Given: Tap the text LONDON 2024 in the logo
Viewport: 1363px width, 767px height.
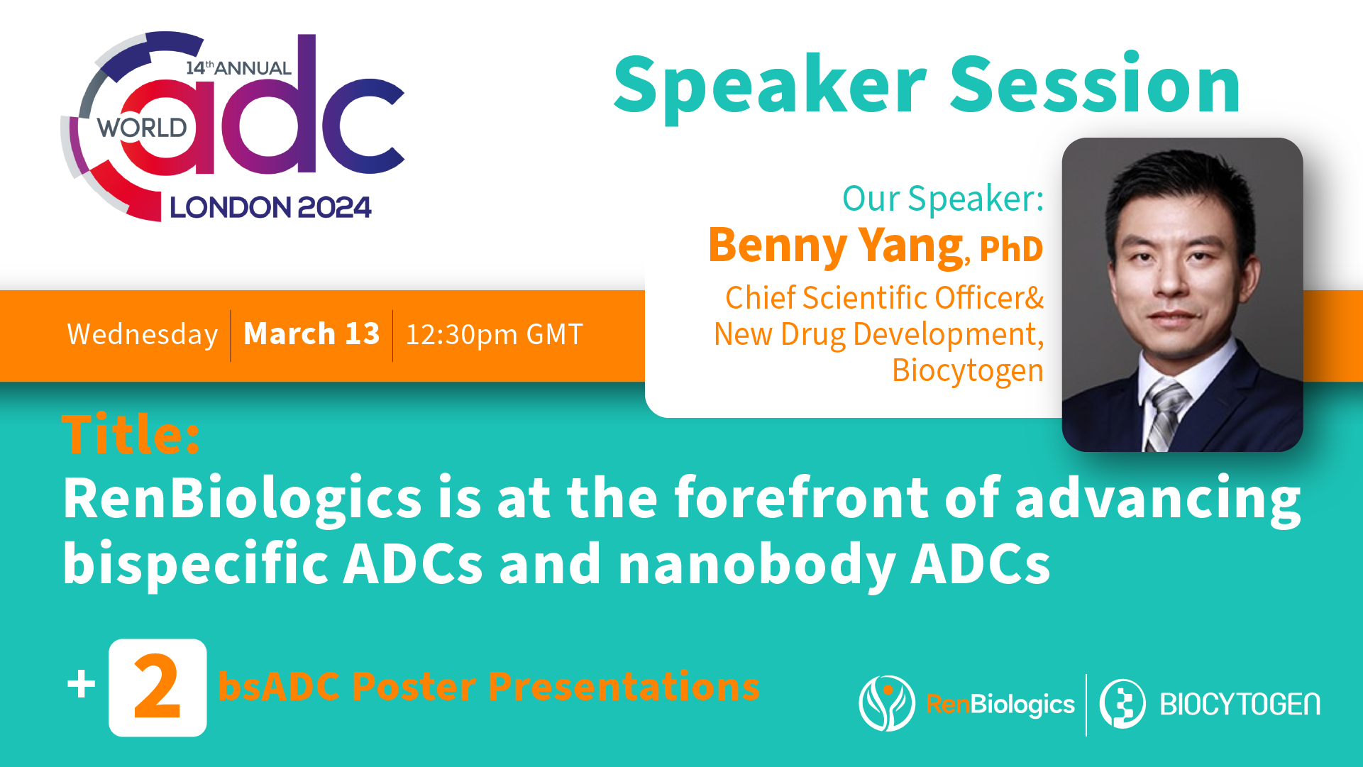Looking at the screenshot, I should pyautogui.click(x=270, y=208).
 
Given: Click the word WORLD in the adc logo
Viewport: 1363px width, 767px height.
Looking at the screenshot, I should pyautogui.click(x=142, y=128).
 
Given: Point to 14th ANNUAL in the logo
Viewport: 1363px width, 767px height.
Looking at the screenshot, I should pyautogui.click(x=238, y=68).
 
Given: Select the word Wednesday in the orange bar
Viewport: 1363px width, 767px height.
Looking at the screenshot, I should pyautogui.click(x=142, y=334).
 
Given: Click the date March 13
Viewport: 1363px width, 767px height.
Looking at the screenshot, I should pyautogui.click(x=311, y=333).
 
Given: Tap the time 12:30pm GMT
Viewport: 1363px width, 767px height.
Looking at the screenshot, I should pyautogui.click(x=494, y=334).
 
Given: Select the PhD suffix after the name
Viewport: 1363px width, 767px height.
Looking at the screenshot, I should pyautogui.click(x=1011, y=249).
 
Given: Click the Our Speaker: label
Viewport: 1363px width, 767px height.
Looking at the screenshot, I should pyautogui.click(x=942, y=199).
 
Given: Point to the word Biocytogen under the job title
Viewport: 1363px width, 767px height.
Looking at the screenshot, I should pyautogui.click(x=967, y=370).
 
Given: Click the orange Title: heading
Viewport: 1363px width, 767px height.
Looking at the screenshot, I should pyautogui.click(x=131, y=434).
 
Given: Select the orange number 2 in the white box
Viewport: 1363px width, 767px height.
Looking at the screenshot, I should pyautogui.click(x=157, y=688).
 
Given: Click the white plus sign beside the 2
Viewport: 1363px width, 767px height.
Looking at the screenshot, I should pyautogui.click(x=82, y=685).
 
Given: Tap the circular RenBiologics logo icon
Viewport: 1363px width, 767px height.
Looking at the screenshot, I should pyautogui.click(x=886, y=703).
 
